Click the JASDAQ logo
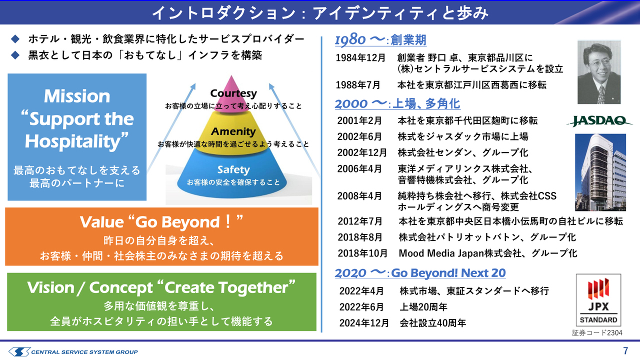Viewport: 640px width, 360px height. point(599,121)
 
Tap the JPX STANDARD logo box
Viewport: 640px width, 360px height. point(598,300)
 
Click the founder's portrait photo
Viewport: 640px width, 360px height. point(599,72)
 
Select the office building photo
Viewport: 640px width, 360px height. point(600,172)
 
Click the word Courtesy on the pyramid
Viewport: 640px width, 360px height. point(233,93)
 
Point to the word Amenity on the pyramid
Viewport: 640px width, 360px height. point(233,131)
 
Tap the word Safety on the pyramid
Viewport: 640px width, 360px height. point(233,169)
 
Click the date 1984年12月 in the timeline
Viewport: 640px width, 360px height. point(360,58)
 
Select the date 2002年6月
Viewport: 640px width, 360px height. point(359,137)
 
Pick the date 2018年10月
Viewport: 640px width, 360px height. point(362,253)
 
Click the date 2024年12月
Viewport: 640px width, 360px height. point(364,323)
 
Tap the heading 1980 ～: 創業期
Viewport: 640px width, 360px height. point(380,39)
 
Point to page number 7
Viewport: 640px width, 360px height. point(625,351)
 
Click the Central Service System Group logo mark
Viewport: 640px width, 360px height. point(19,351)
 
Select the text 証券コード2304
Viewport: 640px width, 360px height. point(597,333)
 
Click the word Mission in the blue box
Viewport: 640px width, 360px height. point(77,96)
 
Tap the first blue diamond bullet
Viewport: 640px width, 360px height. point(15,39)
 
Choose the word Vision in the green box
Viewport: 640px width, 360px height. point(50,287)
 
